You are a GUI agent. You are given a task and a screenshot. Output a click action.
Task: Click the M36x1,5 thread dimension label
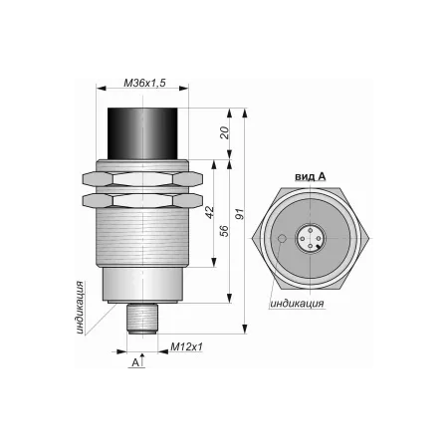144,83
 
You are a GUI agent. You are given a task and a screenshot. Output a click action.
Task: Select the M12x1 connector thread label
186,347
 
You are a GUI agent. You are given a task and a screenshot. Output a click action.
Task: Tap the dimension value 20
225,132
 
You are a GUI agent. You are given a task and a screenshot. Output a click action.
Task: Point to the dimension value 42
210,212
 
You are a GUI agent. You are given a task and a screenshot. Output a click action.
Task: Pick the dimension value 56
225,231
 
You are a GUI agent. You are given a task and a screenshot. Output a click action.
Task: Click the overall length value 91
239,214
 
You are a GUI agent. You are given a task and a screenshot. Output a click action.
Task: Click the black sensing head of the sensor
142,133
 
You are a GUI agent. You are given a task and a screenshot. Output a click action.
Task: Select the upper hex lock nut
142,179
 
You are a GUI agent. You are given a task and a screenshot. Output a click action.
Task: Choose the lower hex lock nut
142,201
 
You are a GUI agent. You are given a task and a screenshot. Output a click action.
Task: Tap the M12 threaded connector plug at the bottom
142,319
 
